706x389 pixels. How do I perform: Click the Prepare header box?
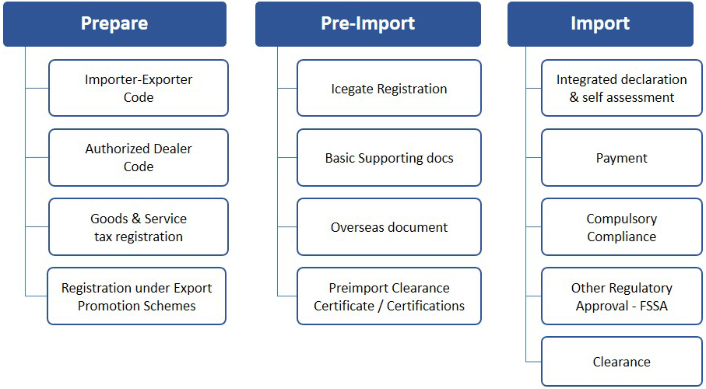pos(114,24)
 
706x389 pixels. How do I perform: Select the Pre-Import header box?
pos(368,24)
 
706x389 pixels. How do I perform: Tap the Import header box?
pos(600,24)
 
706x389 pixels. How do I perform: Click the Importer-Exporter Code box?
pos(139,88)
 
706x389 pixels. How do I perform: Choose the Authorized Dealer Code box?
pos(139,158)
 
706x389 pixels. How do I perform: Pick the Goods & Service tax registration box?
pos(139,227)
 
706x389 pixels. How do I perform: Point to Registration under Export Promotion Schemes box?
pos(136,296)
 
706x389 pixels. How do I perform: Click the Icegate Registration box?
pos(389,88)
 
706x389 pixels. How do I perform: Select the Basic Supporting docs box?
pos(389,158)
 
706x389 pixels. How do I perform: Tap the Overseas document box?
pos(389,227)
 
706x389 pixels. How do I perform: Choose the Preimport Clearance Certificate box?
pos(389,296)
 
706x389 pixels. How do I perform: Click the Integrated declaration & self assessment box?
pos(622,88)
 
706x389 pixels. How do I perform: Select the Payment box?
pos(622,158)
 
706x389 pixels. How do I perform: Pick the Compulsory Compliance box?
pos(622,227)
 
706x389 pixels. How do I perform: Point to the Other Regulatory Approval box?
pos(622,296)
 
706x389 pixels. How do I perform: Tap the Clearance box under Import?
pos(622,361)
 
